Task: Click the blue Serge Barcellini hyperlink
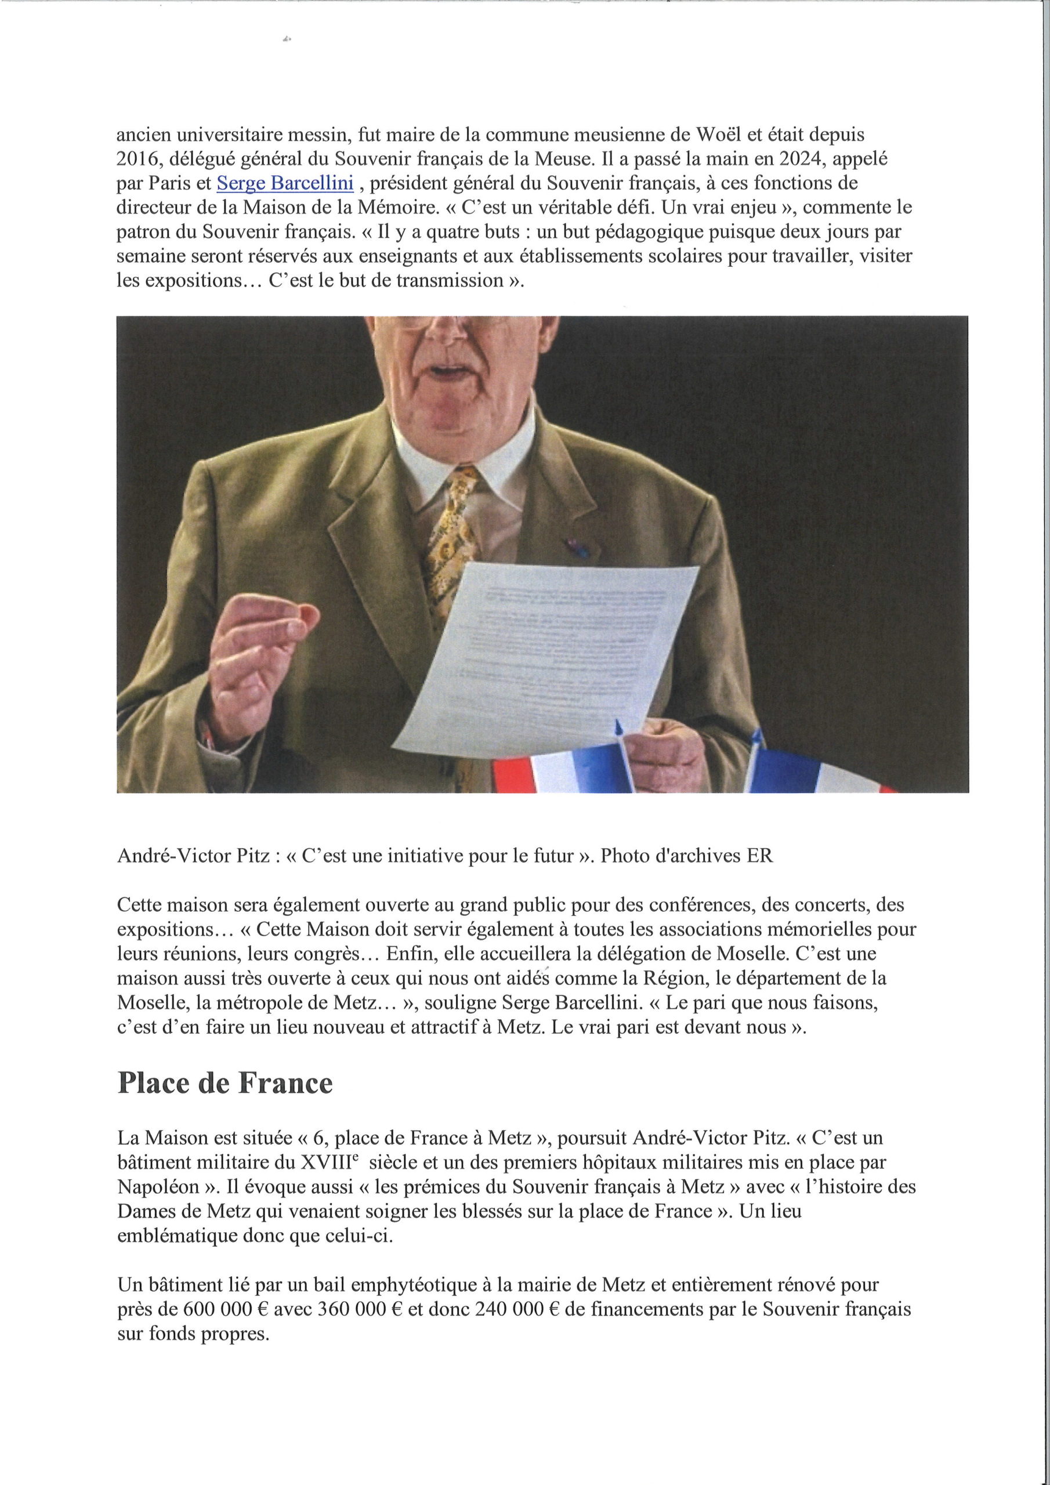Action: point(285,184)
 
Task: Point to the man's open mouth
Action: point(445,371)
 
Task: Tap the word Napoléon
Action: point(158,1187)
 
